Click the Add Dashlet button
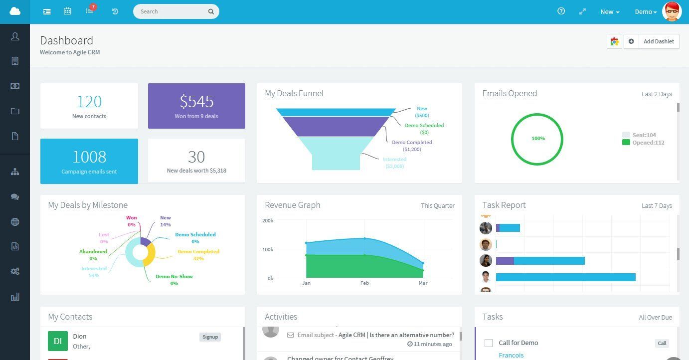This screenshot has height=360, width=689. point(658,41)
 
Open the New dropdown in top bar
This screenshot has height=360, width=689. point(610,12)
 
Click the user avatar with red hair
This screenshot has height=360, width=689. point(672,11)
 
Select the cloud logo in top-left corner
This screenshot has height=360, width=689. point(15,11)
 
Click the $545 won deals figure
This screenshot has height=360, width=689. point(196,102)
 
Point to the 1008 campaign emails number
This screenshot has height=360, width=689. point(89,157)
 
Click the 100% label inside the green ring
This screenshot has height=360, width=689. point(538,139)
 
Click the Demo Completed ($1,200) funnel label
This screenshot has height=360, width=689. point(412,146)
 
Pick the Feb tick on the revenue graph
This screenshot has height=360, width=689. point(364,283)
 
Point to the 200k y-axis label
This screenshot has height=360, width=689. point(268,220)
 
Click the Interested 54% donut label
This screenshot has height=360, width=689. point(94,272)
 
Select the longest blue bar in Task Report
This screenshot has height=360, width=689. point(565,277)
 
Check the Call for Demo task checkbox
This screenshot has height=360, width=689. point(489,343)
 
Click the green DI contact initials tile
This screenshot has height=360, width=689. point(58,341)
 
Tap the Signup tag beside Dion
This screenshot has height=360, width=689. point(210,337)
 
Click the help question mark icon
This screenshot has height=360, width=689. point(561,11)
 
